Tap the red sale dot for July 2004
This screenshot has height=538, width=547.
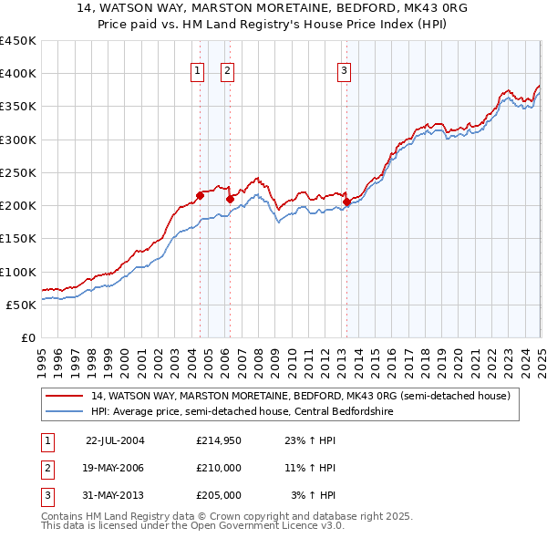coord(200,195)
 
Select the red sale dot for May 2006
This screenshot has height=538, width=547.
coord(231,199)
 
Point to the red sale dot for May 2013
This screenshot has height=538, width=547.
coord(347,202)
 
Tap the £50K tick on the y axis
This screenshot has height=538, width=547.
coord(21,305)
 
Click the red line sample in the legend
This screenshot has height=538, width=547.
coord(64,396)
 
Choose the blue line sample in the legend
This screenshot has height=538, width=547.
coord(64,411)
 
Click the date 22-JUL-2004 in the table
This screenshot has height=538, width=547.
coord(115,440)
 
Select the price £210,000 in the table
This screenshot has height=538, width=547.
coord(219,468)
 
